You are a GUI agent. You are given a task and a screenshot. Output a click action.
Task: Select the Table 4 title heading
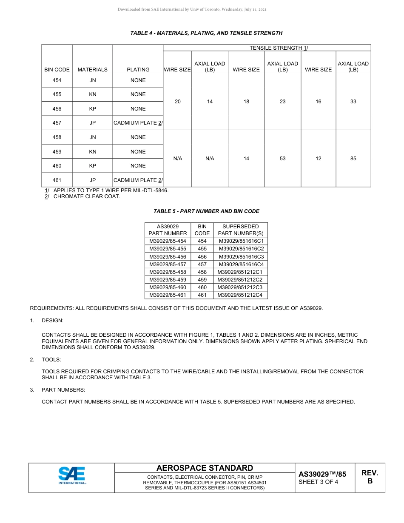click(206, 33)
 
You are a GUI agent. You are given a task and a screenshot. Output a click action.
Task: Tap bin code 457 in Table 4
click(57, 123)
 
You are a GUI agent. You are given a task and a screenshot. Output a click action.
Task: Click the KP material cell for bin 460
click(93, 166)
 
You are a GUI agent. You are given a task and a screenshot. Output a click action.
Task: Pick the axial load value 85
click(353, 159)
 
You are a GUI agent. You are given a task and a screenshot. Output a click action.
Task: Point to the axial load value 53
click(282, 159)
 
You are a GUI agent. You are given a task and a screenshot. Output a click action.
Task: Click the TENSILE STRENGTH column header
click(279, 48)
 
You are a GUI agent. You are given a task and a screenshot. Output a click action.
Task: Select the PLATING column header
click(138, 69)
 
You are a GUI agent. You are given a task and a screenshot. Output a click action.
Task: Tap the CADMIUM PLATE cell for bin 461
click(138, 180)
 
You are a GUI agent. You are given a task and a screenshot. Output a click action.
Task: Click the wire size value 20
click(178, 102)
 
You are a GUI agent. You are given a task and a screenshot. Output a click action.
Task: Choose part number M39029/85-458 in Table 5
click(168, 272)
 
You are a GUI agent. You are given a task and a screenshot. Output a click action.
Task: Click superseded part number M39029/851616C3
click(241, 257)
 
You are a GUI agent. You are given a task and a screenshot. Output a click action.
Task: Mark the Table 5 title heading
click(206, 211)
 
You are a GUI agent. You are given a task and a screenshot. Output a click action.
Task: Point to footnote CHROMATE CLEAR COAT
click(87, 196)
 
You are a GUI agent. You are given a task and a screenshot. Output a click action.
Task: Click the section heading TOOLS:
click(51, 360)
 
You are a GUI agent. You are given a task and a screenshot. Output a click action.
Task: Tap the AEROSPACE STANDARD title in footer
click(205, 468)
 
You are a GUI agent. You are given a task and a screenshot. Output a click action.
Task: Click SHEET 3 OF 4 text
click(319, 482)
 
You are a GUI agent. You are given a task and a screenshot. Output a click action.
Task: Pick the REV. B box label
click(370, 477)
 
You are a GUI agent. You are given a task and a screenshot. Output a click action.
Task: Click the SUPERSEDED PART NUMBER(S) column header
click(241, 230)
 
